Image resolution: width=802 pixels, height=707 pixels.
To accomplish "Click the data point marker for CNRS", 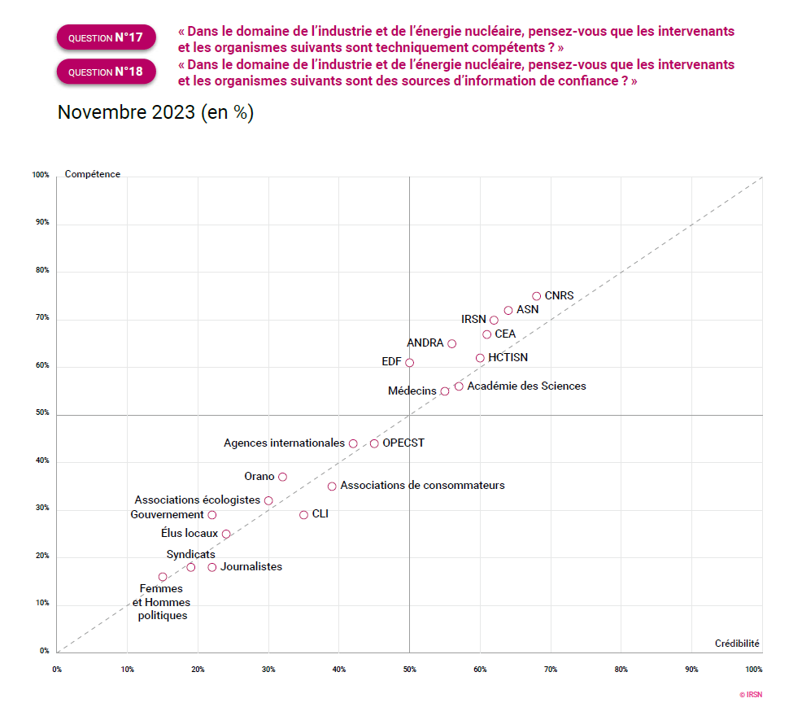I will (x=536, y=296).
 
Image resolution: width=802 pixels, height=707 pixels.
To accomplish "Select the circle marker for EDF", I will (x=409, y=363).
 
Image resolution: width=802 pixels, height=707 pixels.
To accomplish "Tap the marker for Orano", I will (x=282, y=477).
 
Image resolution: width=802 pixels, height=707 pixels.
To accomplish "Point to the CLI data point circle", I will (x=303, y=515).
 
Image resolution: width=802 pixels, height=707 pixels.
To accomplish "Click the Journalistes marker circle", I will (x=211, y=567).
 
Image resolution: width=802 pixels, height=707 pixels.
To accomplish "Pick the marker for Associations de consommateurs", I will (x=332, y=487).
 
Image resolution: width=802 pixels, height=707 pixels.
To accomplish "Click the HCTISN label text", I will (x=508, y=357).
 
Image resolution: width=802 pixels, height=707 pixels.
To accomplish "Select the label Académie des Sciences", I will (x=526, y=386).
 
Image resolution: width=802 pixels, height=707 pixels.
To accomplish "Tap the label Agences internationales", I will (x=284, y=443).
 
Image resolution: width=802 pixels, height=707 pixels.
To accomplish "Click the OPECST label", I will (x=403, y=443).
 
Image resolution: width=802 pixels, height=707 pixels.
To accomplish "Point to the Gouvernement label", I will (x=167, y=515).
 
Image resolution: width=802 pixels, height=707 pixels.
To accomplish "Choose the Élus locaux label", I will (x=190, y=534).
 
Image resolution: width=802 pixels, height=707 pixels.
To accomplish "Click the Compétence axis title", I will (x=93, y=174).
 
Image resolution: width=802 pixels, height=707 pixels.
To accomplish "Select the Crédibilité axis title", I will (x=737, y=643).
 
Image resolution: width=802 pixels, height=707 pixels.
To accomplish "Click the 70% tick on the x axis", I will (x=551, y=669).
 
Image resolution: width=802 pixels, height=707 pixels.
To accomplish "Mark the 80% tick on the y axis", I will (x=41, y=270).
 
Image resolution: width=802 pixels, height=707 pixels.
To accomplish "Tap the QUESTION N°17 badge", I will (x=106, y=37).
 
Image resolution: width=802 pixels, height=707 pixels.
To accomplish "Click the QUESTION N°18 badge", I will (x=106, y=72).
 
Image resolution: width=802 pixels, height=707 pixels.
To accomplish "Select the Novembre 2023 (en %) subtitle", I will (x=155, y=113).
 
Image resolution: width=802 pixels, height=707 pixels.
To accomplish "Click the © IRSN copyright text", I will (x=750, y=695).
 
